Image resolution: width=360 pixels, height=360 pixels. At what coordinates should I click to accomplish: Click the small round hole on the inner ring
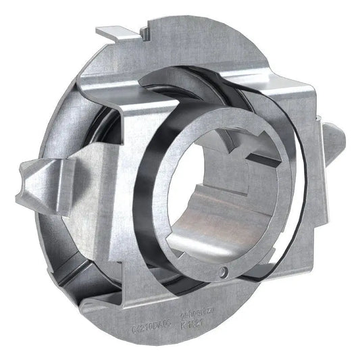pyautogui.click(x=225, y=273)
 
